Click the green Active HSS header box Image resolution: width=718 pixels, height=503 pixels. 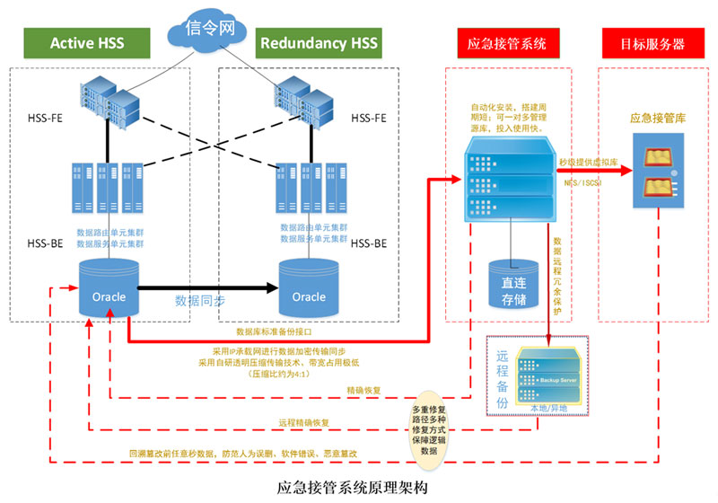click(x=87, y=42)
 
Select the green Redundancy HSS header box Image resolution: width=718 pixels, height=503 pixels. click(x=318, y=42)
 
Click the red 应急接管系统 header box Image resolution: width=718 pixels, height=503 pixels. click(x=507, y=42)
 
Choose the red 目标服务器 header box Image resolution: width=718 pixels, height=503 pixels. click(x=654, y=42)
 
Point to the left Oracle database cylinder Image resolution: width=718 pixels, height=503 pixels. click(x=109, y=288)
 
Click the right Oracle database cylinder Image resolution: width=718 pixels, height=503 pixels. click(x=309, y=288)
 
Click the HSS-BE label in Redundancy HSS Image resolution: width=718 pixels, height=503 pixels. click(x=368, y=243)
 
